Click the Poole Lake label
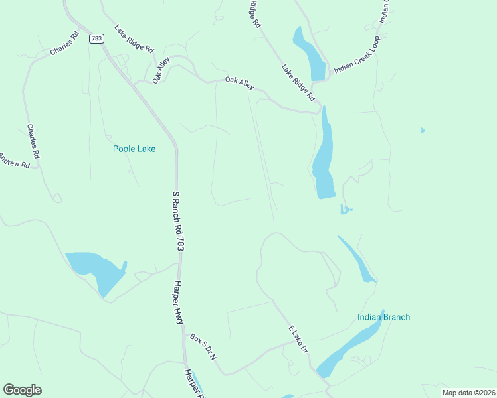134,149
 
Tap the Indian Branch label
383,317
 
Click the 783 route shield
97,38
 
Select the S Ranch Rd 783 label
177,221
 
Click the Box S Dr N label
203,347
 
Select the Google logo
22,390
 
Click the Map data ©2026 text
468,393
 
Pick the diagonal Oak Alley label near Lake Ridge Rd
161,70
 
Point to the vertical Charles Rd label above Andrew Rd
33,141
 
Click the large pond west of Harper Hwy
96,269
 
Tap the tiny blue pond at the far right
422,131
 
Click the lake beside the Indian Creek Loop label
310,55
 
